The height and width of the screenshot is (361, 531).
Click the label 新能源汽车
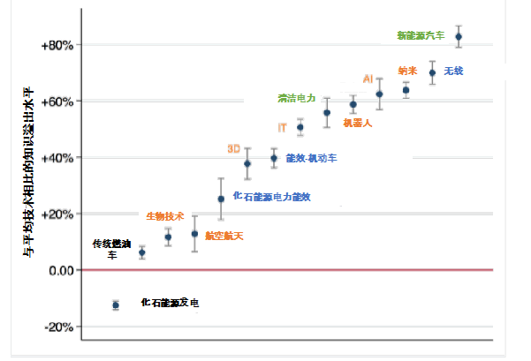pos(421,35)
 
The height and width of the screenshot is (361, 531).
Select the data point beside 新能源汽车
pos(458,36)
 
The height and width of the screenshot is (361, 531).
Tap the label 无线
pos(452,70)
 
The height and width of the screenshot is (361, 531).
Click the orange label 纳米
pos(408,69)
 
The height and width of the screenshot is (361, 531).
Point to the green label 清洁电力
pos(296,98)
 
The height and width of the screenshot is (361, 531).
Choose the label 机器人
pos(356,124)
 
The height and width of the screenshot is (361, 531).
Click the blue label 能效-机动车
pos(311,158)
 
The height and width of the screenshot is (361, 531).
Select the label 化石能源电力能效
pos(271,196)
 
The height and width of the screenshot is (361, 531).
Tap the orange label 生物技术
pos(164,215)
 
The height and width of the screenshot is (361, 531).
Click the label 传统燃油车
pos(111,248)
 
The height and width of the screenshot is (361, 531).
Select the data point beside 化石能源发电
pos(116,305)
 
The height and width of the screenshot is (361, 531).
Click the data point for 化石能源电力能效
pos(221,199)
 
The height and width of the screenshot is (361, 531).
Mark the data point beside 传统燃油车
pos(142,252)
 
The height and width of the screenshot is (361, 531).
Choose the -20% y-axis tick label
pos(63,327)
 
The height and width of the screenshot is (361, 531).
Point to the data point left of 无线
pos(433,71)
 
